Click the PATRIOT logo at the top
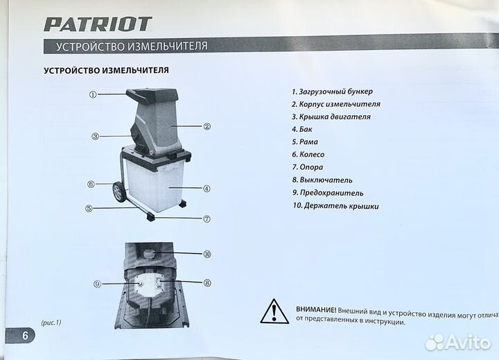98,24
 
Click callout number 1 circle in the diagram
92,94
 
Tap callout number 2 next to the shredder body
207,126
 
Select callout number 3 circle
96,136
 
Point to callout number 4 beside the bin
207,188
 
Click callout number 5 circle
89,207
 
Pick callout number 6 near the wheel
91,185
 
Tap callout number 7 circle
207,218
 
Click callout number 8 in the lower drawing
207,282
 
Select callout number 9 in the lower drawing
96,284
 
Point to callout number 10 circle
207,254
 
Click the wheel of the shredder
120,192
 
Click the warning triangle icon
274,311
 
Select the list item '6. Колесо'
308,155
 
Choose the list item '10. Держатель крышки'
335,206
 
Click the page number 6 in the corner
25,336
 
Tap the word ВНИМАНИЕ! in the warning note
315,309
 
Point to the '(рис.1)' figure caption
51,323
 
